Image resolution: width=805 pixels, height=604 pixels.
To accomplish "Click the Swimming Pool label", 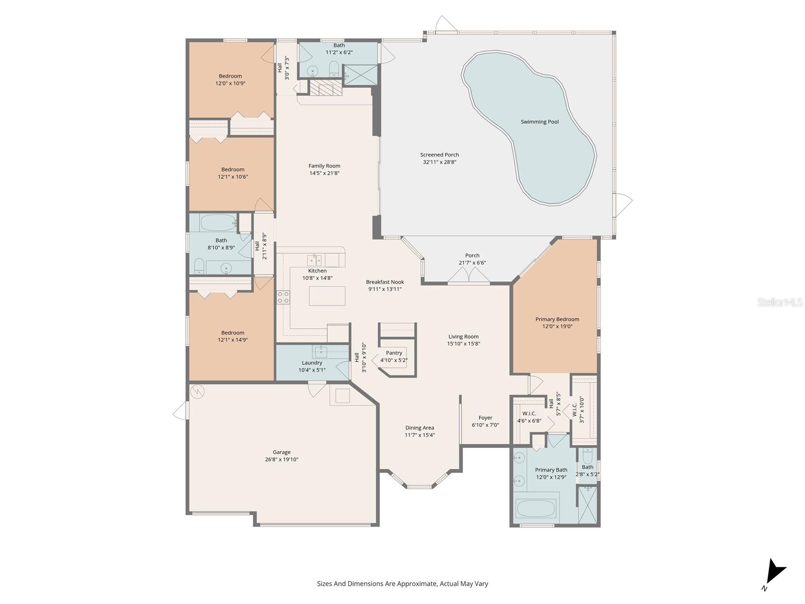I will [x=539, y=122].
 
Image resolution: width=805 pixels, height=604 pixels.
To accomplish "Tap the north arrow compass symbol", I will [x=774, y=572].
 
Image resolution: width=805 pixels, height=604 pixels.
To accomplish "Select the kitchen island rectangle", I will [x=327, y=295].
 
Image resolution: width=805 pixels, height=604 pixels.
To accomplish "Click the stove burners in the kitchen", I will [x=283, y=297].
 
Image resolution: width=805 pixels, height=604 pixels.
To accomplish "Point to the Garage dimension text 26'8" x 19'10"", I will [x=282, y=459].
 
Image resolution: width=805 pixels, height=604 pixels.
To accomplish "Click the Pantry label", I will [x=394, y=353].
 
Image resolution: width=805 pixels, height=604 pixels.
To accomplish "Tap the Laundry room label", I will [x=312, y=363].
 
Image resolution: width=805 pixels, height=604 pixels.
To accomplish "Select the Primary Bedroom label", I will [x=557, y=319].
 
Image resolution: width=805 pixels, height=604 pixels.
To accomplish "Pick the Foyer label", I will [x=486, y=418].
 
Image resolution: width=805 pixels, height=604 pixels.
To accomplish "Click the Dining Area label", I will [x=420, y=428].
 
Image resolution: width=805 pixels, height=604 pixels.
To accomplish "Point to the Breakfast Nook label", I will [x=385, y=282].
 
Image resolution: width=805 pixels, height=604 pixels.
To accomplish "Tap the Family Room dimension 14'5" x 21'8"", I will [x=325, y=173].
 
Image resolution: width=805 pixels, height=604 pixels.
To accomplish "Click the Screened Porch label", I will [x=440, y=155].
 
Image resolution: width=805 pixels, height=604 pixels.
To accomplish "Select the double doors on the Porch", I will [x=469, y=275].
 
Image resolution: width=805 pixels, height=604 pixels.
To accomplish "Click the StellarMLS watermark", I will [x=779, y=302].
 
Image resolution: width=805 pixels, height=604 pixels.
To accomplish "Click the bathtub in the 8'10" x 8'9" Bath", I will [x=219, y=222].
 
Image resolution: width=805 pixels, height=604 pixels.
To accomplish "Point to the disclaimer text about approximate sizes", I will [x=403, y=584].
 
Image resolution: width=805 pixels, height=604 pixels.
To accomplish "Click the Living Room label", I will [x=463, y=337].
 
